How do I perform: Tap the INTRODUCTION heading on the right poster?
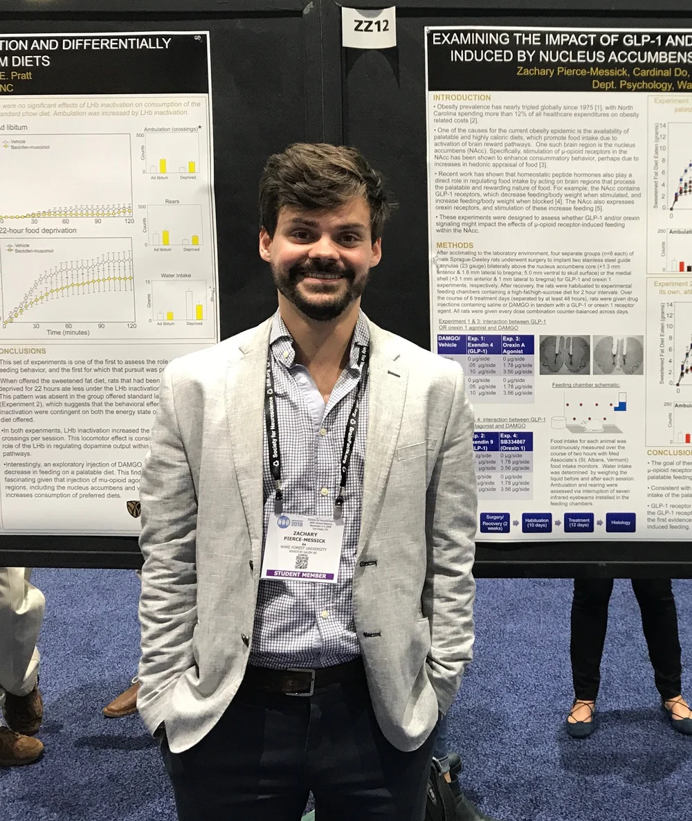(x=462, y=98)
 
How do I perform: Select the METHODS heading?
(x=455, y=245)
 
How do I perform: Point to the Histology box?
(x=620, y=523)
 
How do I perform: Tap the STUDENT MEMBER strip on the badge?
(x=301, y=573)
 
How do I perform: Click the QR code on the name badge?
(x=301, y=561)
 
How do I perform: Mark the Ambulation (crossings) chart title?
(x=173, y=129)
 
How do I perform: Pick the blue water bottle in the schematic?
(x=621, y=402)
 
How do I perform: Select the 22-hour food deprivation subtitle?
(x=38, y=230)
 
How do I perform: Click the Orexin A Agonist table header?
(x=518, y=344)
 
